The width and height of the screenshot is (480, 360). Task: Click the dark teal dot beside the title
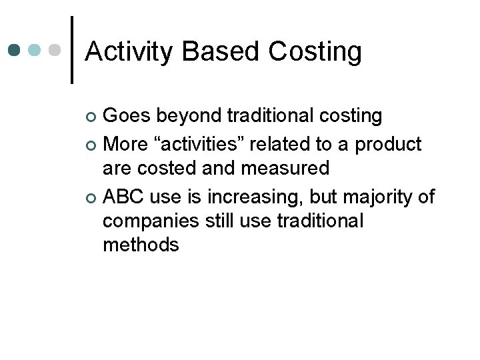point(15,51)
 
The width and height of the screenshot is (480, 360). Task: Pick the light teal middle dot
point(35,51)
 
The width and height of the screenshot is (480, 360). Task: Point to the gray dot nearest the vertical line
point(55,51)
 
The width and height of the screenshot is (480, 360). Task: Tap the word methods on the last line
point(141,245)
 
